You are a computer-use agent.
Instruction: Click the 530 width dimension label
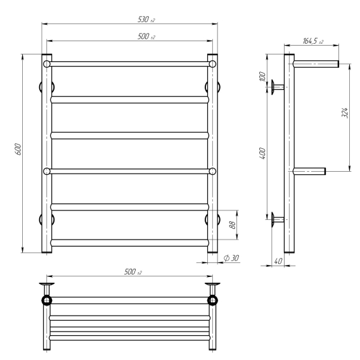coord(146,20)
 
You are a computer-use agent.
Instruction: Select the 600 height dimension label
coord(18,149)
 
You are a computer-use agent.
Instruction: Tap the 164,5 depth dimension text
coord(313,41)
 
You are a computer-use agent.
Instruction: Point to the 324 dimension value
coord(345,113)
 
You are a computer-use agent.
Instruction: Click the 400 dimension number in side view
coord(262,153)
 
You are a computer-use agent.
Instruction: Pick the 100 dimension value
coord(262,77)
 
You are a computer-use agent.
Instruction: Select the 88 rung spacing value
coord(233,225)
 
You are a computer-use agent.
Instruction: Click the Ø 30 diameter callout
coord(231,258)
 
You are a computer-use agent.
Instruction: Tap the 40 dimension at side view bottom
coord(278,261)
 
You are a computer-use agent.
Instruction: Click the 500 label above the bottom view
coord(132,272)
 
